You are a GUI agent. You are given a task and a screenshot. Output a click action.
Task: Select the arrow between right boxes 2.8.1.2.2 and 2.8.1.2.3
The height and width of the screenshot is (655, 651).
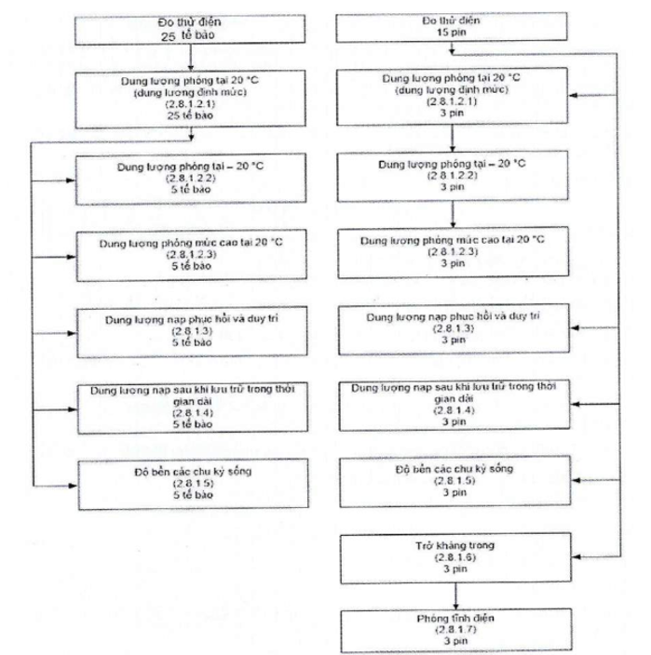pyautogui.click(x=454, y=213)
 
